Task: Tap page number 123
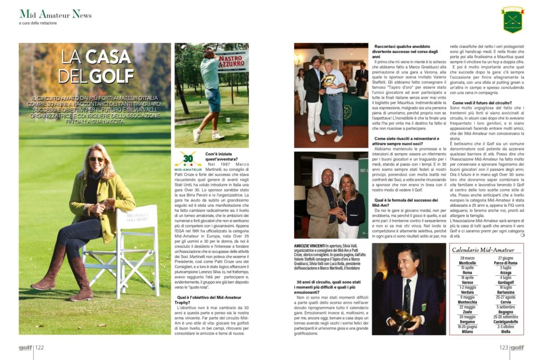tap(503, 348)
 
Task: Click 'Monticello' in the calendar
tap(467, 263)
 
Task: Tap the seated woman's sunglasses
tap(97, 159)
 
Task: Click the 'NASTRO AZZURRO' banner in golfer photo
tap(232, 62)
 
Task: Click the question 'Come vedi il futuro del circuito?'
tap(481, 102)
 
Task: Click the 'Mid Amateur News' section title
tap(55, 14)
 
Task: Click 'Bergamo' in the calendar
tap(467, 321)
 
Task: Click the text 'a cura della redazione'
tap(38, 23)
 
